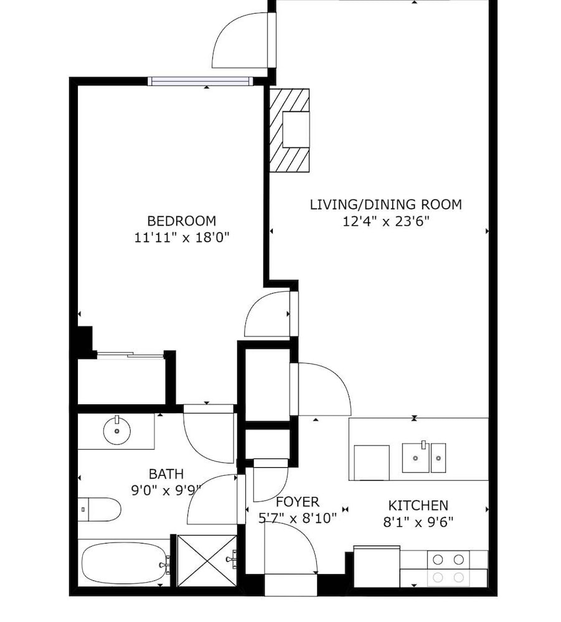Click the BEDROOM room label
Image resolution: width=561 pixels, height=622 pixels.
tap(181, 221)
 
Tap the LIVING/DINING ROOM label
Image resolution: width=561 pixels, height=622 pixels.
tap(386, 205)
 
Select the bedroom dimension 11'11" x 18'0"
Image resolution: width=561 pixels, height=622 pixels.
tap(182, 238)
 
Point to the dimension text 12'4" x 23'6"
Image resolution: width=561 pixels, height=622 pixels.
tap(386, 221)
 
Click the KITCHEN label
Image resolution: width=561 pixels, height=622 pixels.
tap(418, 505)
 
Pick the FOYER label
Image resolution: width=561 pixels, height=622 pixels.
tap(298, 502)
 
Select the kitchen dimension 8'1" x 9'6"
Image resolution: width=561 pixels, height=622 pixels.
tap(418, 522)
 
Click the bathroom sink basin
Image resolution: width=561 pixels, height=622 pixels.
tap(116, 431)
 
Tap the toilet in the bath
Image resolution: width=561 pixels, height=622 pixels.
tap(99, 509)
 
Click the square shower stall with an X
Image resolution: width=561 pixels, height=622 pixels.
tap(207, 560)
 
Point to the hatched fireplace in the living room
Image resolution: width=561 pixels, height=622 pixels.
tap(290, 130)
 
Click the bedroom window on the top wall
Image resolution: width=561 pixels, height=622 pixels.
tap(200, 81)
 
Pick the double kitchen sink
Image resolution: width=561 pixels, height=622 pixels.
tap(424, 458)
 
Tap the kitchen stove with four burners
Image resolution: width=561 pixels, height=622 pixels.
tap(448, 568)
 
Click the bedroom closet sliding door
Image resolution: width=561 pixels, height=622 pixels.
tap(130, 355)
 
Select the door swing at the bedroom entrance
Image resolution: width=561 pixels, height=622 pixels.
tap(267, 314)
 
